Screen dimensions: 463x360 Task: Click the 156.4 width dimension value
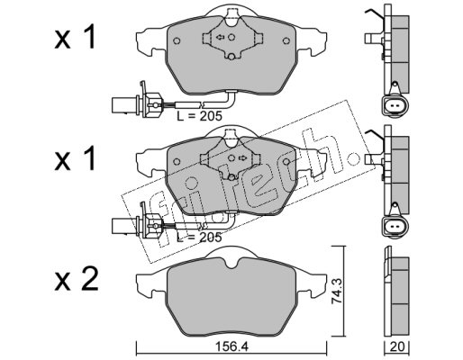[232, 347]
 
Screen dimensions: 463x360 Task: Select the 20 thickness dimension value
[397, 347]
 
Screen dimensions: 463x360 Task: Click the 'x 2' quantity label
[77, 280]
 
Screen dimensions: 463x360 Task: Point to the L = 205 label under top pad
[199, 116]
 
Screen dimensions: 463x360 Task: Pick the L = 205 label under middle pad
[199, 238]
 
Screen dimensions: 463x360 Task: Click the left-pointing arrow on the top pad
[220, 37]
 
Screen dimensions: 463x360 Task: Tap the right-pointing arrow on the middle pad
[241, 157]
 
